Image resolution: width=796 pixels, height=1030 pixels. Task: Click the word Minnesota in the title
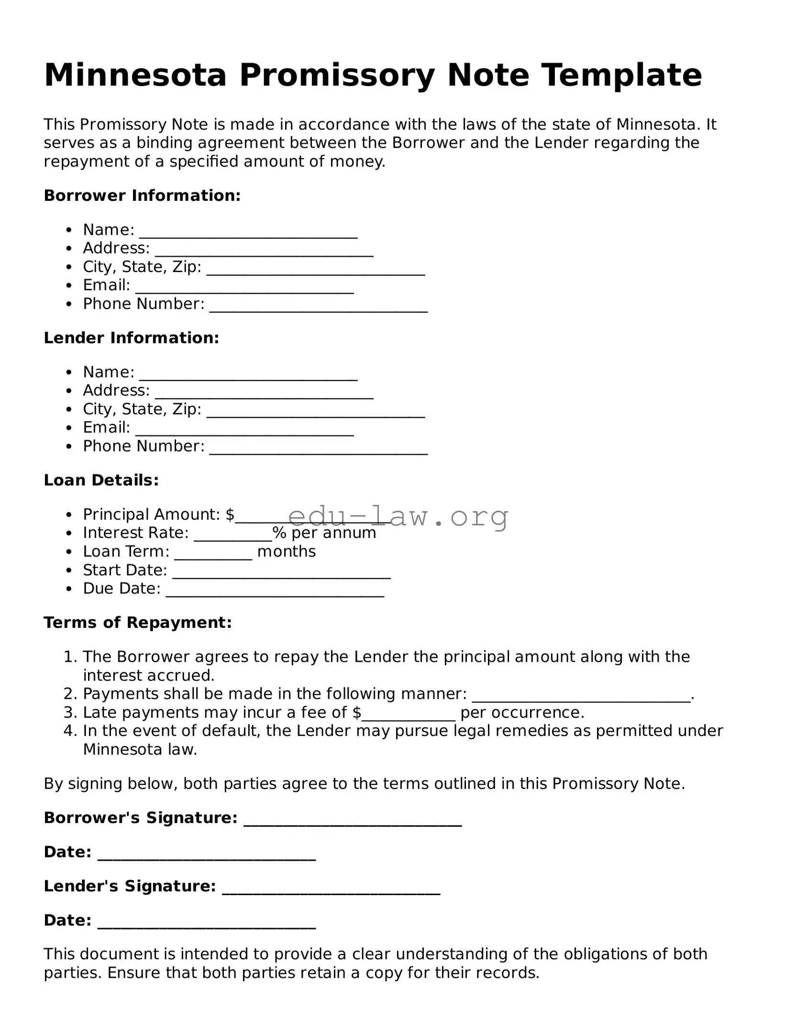135,75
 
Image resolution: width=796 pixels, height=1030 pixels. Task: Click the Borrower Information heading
142,196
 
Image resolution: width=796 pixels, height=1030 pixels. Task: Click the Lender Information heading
131,338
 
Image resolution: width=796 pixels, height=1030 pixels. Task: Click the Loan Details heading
101,480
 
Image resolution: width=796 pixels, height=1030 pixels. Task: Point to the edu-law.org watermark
398,516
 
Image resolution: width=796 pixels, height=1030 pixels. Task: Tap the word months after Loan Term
286,551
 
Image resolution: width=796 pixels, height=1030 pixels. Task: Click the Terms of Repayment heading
138,623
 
